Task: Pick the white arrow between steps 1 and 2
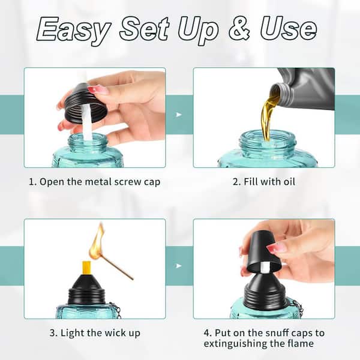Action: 179,115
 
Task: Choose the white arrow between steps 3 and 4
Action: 179,266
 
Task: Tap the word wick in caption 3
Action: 113,333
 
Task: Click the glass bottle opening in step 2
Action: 267,137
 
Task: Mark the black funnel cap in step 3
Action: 86,289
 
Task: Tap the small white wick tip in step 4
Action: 265,268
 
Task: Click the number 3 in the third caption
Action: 52,333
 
